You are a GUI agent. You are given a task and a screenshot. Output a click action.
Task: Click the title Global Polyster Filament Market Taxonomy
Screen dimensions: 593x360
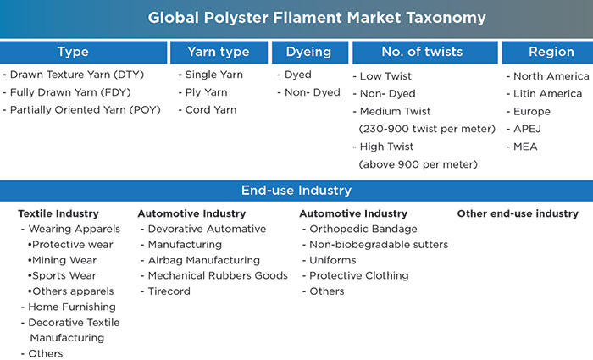coord(317,18)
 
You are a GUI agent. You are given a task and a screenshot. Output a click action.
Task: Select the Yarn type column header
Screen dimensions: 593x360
coord(219,53)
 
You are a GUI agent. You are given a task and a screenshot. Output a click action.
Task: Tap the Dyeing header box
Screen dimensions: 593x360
coord(310,53)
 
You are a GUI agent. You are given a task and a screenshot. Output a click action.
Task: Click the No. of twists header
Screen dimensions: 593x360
coord(425,53)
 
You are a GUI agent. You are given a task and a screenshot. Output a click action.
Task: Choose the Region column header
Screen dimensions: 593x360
coord(547,53)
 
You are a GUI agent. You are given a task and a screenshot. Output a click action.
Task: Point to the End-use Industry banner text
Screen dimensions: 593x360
coord(296,191)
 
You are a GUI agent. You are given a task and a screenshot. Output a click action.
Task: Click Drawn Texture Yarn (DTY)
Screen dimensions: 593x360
coord(77,75)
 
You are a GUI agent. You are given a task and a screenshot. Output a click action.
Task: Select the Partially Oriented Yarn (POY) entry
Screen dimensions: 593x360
coord(85,109)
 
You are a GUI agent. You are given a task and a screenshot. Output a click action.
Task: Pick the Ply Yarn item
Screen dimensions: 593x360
coord(206,92)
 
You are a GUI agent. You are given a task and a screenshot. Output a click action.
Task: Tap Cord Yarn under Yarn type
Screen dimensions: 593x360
coord(211,109)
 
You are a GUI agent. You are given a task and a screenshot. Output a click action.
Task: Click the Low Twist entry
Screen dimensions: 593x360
coord(385,76)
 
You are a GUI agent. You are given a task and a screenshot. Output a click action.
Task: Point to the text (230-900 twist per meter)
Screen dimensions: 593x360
coord(427,129)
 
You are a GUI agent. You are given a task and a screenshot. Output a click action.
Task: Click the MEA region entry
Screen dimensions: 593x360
coord(525,147)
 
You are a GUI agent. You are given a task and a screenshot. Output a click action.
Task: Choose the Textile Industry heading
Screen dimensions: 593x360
coord(58,213)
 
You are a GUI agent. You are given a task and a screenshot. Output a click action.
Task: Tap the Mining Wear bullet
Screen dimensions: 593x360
coord(64,260)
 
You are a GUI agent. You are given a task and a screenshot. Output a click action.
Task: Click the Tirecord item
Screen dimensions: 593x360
coord(169,291)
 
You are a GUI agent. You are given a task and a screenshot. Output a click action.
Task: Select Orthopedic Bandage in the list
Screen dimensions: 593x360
coord(363,229)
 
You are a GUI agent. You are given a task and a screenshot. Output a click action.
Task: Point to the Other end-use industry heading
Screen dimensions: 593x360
coord(518,213)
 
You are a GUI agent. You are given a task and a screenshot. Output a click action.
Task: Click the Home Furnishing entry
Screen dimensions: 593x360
coord(72,307)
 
